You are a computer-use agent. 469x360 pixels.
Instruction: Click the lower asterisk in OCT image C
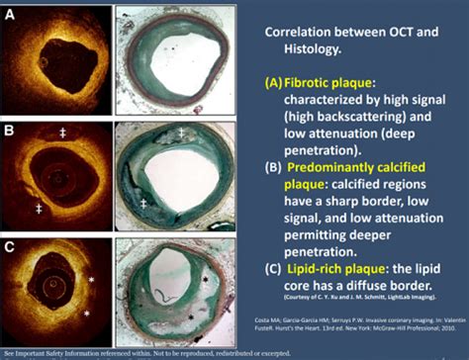(x=86, y=314)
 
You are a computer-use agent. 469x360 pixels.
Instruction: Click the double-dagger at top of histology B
(x=180, y=132)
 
